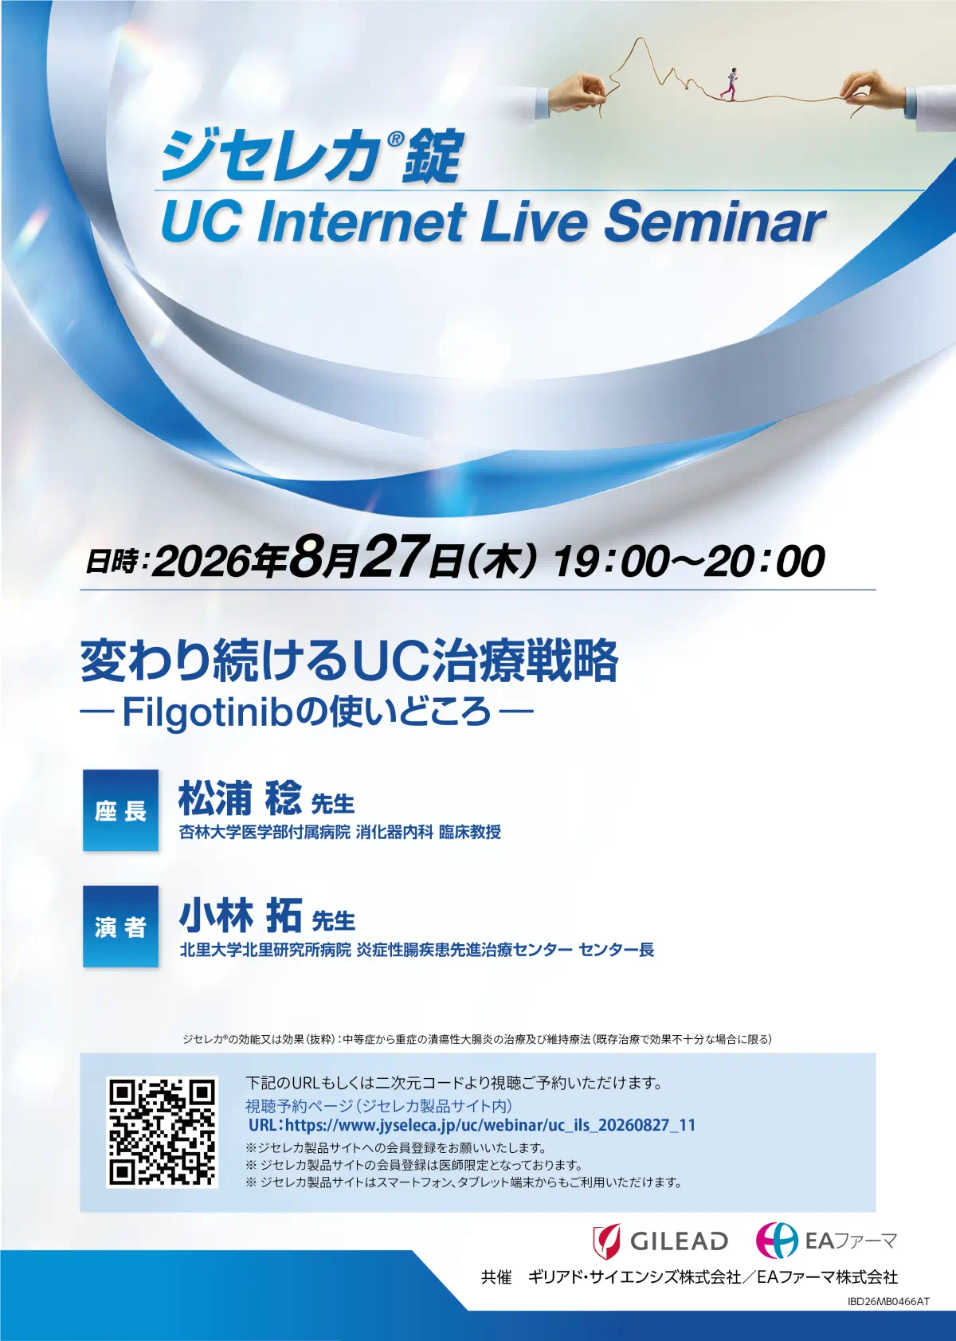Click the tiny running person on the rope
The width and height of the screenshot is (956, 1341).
[x=731, y=83]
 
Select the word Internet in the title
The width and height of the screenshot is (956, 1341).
[x=362, y=222]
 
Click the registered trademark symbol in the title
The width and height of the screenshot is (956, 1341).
[x=394, y=139]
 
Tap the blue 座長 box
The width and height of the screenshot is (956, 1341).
[x=120, y=810]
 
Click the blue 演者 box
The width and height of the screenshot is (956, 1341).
[x=120, y=926]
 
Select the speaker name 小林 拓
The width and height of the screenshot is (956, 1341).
[x=240, y=916]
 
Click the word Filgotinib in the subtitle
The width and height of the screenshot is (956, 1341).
[x=207, y=712]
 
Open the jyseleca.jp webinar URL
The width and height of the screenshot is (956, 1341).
[x=472, y=1125]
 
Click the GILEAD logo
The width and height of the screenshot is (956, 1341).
[x=660, y=1241]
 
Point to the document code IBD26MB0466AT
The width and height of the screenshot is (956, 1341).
[x=888, y=1318]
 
